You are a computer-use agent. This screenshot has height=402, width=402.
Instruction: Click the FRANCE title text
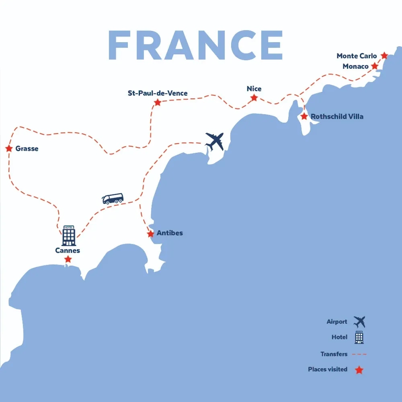(196, 45)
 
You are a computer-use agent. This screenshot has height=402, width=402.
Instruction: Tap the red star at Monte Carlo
(384, 55)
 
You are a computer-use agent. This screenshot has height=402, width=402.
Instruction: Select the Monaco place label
(355, 66)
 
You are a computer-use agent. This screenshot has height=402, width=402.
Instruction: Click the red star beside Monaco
(375, 66)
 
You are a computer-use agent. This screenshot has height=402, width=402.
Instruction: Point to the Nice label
(254, 88)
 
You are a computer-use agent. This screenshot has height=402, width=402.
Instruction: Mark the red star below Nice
(254, 98)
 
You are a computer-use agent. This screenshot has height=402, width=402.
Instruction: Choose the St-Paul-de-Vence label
(158, 93)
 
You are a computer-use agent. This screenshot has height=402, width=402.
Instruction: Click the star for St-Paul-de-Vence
(158, 103)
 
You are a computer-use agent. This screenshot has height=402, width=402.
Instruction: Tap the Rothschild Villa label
(337, 117)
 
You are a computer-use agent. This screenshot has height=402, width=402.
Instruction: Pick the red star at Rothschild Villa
(304, 117)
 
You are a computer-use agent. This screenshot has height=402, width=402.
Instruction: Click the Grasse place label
(27, 149)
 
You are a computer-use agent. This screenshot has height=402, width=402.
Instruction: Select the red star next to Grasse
(9, 149)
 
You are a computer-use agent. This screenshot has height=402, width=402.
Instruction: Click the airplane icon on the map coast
(214, 142)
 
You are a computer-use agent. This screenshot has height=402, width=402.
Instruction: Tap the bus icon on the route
(113, 199)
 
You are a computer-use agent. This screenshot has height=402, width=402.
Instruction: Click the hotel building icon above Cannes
(68, 236)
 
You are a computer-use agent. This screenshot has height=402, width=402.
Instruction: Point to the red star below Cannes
(68, 260)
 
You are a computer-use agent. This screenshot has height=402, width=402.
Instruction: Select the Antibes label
(170, 233)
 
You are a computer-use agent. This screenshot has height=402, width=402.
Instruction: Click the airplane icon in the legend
(359, 322)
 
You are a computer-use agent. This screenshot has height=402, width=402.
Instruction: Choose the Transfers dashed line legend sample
(359, 354)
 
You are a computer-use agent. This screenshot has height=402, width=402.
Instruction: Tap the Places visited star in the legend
(359, 370)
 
